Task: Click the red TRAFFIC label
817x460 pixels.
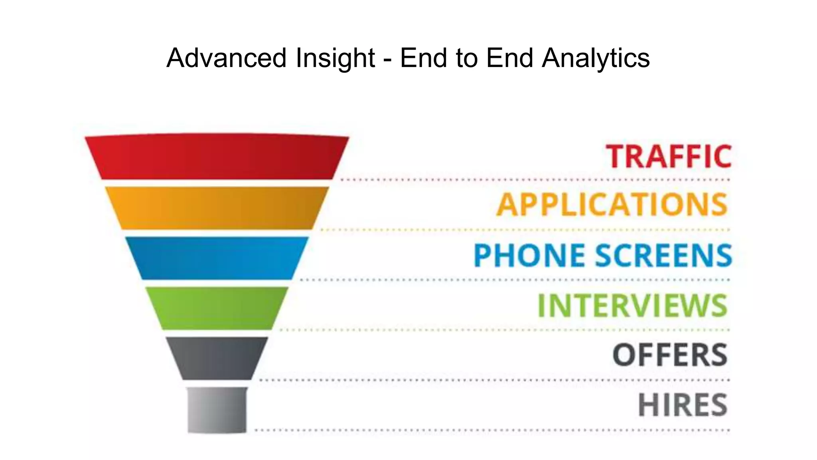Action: [669, 156]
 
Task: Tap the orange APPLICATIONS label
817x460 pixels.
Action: [612, 205]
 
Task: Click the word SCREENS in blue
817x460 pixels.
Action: [663, 255]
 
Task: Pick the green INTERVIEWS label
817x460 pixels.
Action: [633, 305]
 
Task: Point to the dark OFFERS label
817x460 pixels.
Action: [670, 355]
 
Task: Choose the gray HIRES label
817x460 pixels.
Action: [683, 405]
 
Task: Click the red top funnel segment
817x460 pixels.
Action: [217, 157]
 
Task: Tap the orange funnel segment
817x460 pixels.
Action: [217, 208]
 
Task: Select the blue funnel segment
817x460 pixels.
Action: [217, 258]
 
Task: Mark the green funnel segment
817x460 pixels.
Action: [217, 308]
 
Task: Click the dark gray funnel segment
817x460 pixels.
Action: [217, 358]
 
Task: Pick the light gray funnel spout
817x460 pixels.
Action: [217, 409]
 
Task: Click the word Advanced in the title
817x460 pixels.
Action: [226, 58]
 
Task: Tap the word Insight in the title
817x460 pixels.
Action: [335, 58]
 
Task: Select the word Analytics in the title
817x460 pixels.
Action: [596, 58]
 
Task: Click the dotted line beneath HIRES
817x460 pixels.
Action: [492, 430]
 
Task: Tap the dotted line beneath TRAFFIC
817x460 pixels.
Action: [535, 180]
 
